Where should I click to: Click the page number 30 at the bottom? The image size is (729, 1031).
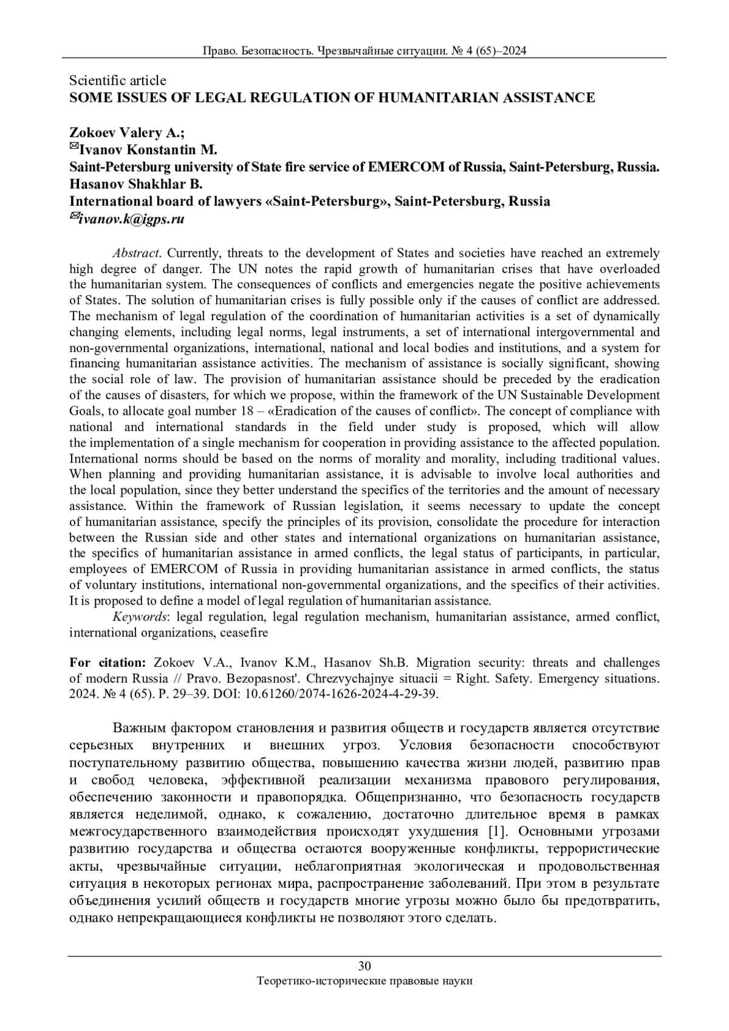[x=364, y=966]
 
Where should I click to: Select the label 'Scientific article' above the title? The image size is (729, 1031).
[x=118, y=80]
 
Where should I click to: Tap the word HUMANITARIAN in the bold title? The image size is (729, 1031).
[x=428, y=98]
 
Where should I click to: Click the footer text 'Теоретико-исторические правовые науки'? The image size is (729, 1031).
[x=364, y=981]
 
